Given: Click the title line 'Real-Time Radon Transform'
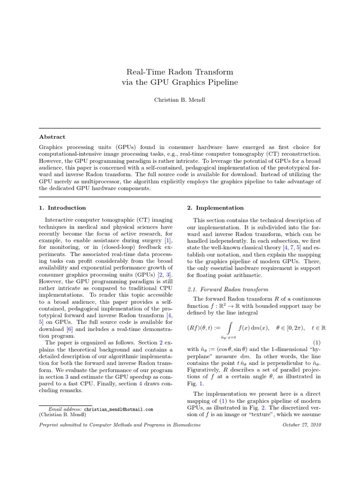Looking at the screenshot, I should (180, 72).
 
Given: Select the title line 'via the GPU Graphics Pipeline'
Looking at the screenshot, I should (180, 82).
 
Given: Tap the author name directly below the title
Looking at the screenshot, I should (180, 100).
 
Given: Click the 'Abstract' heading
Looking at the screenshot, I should (52, 137).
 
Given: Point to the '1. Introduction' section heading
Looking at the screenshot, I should (62, 208).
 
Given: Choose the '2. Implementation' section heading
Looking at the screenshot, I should (213, 208).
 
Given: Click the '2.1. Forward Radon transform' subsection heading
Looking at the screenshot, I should (220, 289).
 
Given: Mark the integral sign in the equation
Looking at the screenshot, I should (229, 327).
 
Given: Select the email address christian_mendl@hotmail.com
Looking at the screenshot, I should (119, 409).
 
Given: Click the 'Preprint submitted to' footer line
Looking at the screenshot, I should (120, 424).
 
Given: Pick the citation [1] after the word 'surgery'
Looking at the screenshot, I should (167, 240).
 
